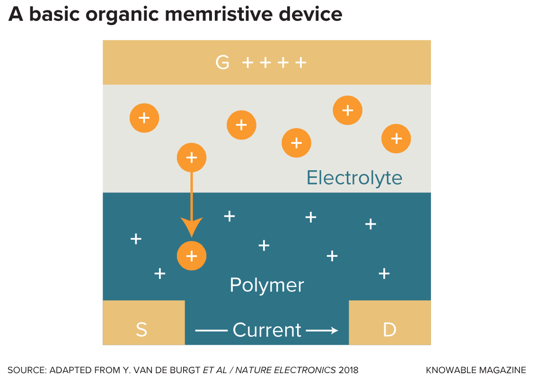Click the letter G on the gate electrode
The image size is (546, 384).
222,62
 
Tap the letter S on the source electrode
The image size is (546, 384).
141,330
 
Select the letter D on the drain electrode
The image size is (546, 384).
389,330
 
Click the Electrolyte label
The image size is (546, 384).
354,178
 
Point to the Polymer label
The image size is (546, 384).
267,286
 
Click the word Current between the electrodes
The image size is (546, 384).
267,330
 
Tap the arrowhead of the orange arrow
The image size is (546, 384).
192,228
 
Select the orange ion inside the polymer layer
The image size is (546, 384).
192,256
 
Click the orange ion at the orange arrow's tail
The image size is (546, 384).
192,157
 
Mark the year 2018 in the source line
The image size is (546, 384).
348,370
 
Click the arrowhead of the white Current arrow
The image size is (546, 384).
335,330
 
